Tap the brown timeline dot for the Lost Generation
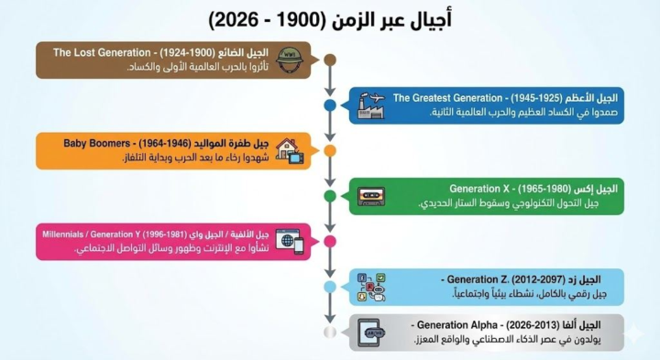330,60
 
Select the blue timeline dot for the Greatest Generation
330,105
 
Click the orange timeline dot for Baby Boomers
330,150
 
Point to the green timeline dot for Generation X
330,196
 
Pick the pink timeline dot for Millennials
330,241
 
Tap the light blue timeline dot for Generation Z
330,287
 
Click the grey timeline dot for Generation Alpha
330,332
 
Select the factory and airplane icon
370,105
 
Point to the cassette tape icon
370,196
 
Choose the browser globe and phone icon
289,241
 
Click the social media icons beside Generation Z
370,287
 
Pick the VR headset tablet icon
370,332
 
